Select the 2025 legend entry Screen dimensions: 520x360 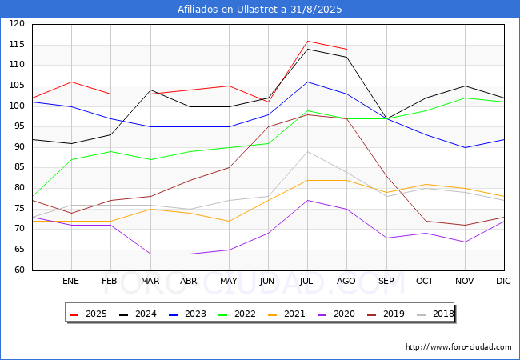[x=88, y=314]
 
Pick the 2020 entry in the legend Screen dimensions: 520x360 [x=336, y=314]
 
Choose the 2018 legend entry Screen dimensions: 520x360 [x=435, y=314]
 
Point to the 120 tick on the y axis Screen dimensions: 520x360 [x=17, y=23]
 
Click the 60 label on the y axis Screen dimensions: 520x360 [x=19, y=270]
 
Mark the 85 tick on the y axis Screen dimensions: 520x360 [x=19, y=167]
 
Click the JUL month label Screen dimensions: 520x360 [x=306, y=281]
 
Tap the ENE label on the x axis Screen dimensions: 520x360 [x=70, y=281]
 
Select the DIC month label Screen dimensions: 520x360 [x=503, y=281]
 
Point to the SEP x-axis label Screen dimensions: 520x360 [x=386, y=281]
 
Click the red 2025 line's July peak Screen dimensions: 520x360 [x=308, y=41]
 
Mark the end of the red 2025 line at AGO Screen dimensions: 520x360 [x=347, y=49]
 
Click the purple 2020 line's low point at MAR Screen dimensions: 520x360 [x=151, y=254]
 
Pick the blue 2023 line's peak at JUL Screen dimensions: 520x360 [x=308, y=82]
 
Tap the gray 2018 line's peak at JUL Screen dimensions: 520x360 [x=308, y=151]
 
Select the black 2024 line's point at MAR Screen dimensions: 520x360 [x=151, y=90]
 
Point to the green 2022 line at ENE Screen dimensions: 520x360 [x=72, y=159]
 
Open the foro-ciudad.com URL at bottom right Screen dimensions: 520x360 [x=458, y=347]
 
